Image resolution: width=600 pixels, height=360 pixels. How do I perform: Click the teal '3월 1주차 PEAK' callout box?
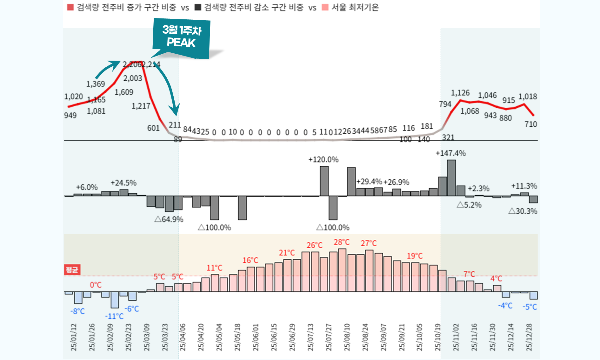[x=181, y=37]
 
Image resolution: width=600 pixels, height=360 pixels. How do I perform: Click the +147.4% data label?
[x=451, y=153]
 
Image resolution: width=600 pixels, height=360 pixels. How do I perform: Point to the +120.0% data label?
[x=323, y=159]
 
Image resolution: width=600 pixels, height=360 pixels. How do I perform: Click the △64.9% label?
[x=169, y=219]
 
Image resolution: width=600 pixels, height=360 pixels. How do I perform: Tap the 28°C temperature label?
[x=342, y=242]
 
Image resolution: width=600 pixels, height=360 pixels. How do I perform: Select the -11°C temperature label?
[x=114, y=316]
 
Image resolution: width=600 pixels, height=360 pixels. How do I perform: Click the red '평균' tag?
[x=72, y=270]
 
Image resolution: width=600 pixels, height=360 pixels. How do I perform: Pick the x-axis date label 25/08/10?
[x=347, y=337]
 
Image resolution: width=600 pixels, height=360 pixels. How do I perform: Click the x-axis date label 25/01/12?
[x=74, y=337]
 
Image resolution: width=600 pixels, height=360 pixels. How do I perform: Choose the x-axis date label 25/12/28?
[x=529, y=337]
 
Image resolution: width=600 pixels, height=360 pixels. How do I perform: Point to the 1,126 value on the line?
[x=460, y=93]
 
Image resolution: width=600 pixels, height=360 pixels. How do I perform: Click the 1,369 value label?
[x=96, y=84]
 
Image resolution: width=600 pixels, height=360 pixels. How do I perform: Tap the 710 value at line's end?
[x=530, y=124]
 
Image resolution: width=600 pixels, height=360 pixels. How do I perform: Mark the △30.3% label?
[x=523, y=211]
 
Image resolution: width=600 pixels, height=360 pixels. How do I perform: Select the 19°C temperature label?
[x=415, y=256]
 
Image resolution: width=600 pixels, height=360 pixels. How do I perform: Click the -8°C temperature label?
[x=77, y=311]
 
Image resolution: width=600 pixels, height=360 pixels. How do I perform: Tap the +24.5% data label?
[x=123, y=183]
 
